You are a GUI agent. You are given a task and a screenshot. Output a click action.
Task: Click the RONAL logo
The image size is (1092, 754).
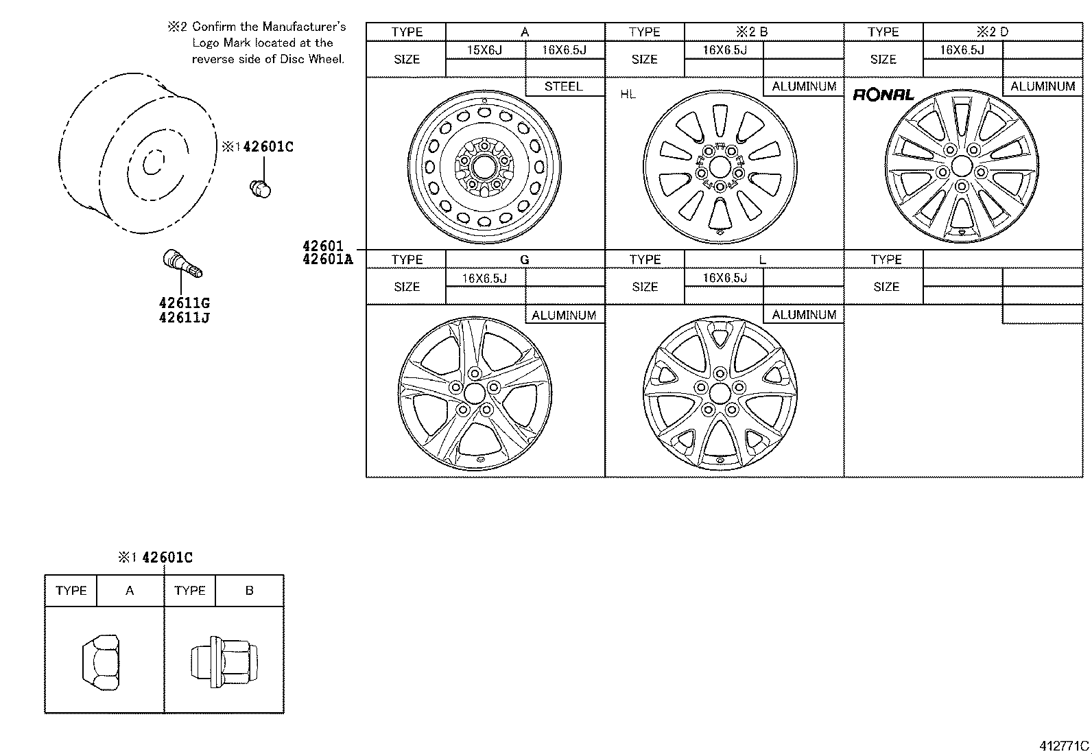tap(883, 95)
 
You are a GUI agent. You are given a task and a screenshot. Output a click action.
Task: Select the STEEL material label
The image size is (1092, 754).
tap(563, 86)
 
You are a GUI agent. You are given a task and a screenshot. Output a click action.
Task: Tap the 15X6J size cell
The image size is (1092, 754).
tap(485, 50)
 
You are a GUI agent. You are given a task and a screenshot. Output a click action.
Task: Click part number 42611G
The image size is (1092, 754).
tap(184, 303)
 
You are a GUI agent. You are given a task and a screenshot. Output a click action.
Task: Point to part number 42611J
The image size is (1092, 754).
tap(184, 318)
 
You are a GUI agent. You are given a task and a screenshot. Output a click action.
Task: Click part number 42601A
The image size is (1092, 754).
tap(327, 259)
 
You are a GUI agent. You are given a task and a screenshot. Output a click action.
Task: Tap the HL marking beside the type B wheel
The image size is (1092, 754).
tap(628, 95)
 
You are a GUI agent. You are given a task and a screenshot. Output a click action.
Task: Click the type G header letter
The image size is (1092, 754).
tap(525, 259)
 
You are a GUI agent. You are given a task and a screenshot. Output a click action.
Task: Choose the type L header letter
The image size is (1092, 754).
tap(763, 259)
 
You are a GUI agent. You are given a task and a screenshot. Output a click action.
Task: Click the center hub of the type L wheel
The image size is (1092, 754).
tap(720, 393)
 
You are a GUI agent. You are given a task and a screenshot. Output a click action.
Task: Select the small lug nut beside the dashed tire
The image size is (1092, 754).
tap(261, 187)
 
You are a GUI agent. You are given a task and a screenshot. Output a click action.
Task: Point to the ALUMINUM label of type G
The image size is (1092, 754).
tap(564, 315)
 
